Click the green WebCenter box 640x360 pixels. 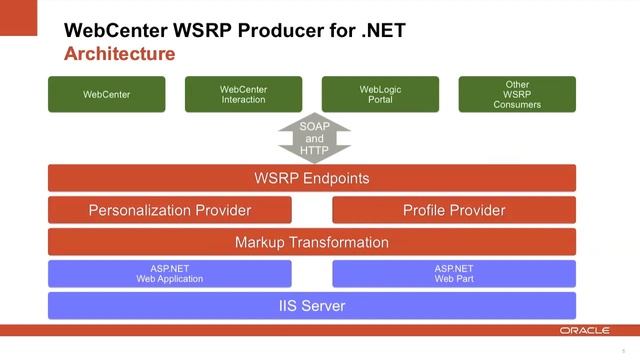coord(107,95)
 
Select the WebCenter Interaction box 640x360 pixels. coord(243,95)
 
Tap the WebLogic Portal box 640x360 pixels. coord(380,95)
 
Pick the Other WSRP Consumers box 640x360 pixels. coord(517,95)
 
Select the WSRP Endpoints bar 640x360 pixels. coord(312,179)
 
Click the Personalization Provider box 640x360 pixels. coord(170,210)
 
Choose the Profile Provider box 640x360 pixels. coord(454,210)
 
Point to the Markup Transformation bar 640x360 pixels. coord(312,242)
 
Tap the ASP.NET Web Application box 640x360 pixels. coord(170,273)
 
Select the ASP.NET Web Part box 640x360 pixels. coord(454,273)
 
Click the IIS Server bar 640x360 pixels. coord(312,305)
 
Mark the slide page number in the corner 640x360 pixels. coord(623,350)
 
